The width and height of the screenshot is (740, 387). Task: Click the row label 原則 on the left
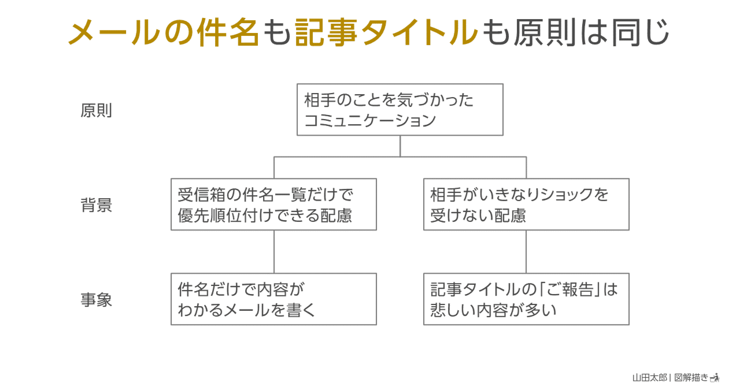96,111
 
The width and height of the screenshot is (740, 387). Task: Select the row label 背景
96,206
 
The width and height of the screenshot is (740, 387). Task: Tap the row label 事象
96,300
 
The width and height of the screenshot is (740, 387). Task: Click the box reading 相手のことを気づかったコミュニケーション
399,110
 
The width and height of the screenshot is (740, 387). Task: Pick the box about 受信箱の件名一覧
273,204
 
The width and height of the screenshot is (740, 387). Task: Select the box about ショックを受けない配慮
526,204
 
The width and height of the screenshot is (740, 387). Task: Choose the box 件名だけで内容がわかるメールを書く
273,299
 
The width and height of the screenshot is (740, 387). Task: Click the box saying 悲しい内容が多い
526,299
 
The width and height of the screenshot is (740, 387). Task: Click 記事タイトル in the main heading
386,32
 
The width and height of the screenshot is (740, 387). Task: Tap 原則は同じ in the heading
590,32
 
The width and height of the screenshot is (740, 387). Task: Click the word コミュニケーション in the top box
369,121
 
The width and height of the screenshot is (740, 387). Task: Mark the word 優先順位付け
231,215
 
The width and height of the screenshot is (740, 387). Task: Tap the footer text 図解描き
691,377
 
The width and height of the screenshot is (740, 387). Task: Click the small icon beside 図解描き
715,377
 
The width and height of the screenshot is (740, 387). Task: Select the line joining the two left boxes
273,252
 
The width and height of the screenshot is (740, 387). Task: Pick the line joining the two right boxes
526,252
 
